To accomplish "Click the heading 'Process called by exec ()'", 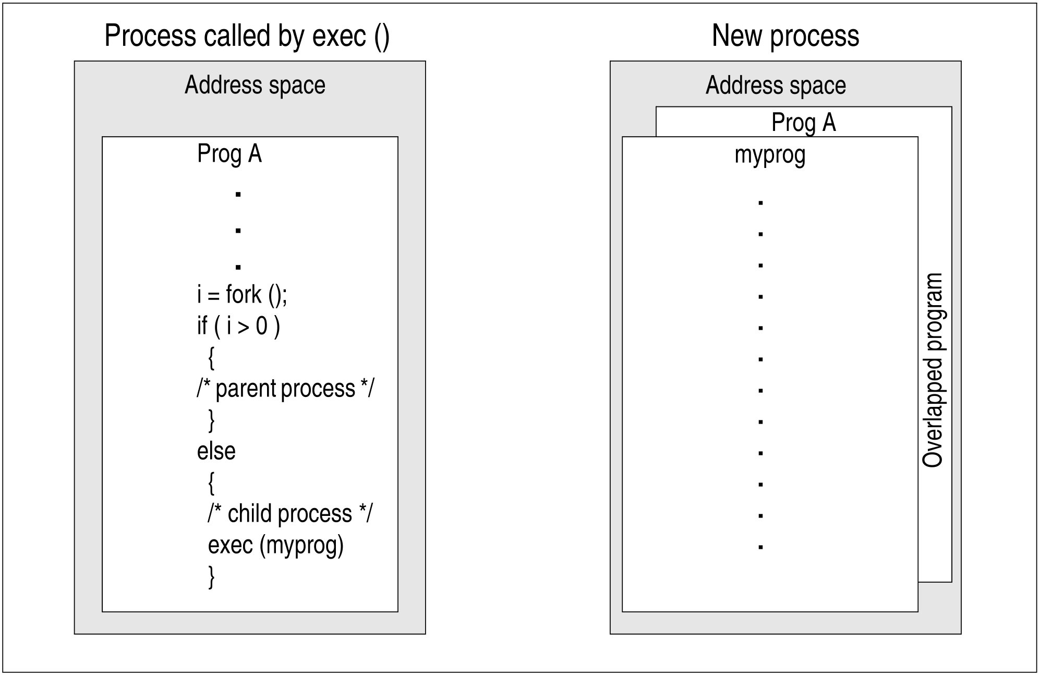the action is pos(247,37).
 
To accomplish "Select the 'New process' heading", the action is pos(785,36).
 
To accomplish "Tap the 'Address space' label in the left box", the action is pos(255,86).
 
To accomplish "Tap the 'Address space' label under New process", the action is pos(776,86).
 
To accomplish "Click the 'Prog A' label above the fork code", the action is pos(229,154).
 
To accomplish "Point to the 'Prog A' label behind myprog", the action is pos(804,123).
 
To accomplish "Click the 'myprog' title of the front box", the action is pos(770,155).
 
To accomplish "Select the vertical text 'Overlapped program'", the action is pos(933,370).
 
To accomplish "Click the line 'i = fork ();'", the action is pos(242,295).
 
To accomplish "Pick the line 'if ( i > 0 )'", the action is pos(238,327).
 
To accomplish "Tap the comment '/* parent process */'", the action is pos(285,389).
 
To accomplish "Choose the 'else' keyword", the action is pos(216,451).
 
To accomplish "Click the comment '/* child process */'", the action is pos(290,514).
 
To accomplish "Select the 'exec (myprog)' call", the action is pos(276,546).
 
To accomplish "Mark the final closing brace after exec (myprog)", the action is pos(211,577).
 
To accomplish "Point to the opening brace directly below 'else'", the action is pos(211,484).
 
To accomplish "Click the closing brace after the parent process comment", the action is pos(211,421).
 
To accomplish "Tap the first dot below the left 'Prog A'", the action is pos(238,195).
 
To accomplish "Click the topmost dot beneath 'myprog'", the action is pos(760,203).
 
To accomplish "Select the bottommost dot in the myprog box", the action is pos(760,547).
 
